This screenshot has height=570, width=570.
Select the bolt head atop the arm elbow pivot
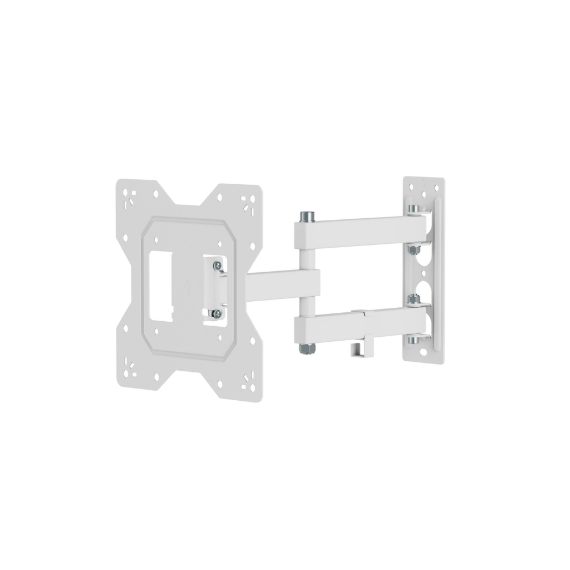(305, 215)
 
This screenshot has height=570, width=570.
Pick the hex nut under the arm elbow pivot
(305, 348)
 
